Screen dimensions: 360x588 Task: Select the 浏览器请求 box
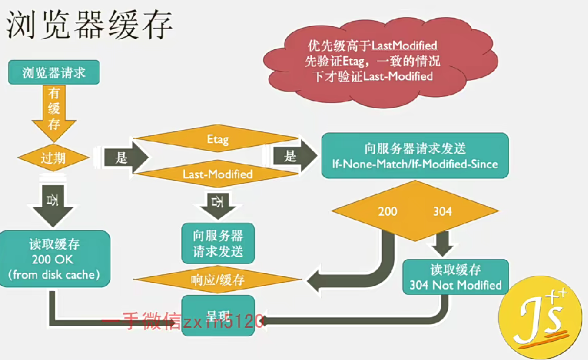click(x=53, y=73)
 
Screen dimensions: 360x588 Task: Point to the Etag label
click(x=217, y=140)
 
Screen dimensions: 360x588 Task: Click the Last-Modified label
click(x=217, y=174)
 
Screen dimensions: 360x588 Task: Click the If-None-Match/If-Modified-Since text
click(x=415, y=164)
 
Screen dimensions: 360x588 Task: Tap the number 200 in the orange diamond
click(x=387, y=211)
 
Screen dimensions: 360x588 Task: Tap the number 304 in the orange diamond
click(x=442, y=211)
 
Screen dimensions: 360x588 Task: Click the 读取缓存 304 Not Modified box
click(x=455, y=277)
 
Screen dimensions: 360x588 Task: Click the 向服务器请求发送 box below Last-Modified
click(x=218, y=243)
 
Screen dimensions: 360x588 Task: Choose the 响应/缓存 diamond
click(x=217, y=280)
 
